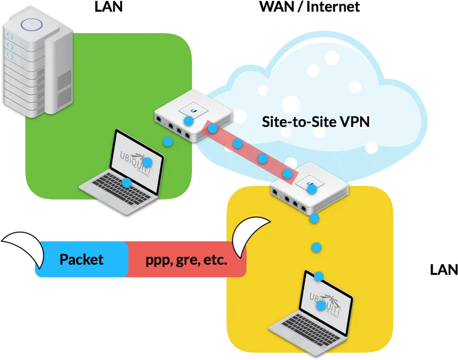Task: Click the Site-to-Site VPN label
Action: coord(316,122)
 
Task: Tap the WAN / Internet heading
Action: coord(309,7)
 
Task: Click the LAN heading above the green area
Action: coord(108,7)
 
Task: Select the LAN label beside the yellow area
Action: coord(444,269)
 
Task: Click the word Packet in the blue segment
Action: coord(81,259)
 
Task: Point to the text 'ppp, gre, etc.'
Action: coord(186,260)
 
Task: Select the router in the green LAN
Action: coord(194,116)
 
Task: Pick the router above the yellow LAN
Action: coord(310,188)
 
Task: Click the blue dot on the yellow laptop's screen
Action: coord(321,306)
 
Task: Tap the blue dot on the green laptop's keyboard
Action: coord(127,183)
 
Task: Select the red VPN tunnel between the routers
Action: coord(250,152)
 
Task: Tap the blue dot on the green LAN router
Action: coord(188,121)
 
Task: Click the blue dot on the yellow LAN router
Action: coord(312,189)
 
